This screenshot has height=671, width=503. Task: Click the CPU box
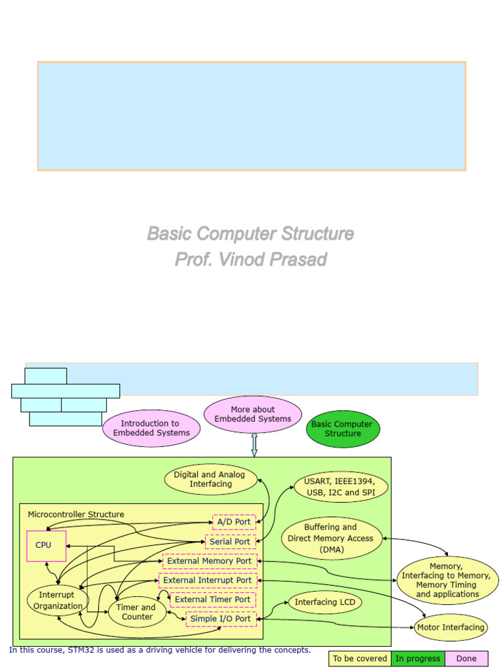[x=46, y=546]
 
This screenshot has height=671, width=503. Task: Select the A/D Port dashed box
[x=234, y=522]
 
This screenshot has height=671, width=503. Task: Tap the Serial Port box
[x=230, y=542]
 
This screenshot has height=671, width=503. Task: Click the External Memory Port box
[x=210, y=561]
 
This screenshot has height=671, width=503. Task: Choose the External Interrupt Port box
[x=208, y=580]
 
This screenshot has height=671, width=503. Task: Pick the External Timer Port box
[x=212, y=599]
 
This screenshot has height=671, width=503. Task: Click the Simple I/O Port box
[x=220, y=618]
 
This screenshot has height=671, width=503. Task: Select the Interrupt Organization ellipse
[x=58, y=600]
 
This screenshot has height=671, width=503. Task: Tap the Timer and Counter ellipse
[x=137, y=611]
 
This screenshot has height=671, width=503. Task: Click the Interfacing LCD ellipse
[x=325, y=602]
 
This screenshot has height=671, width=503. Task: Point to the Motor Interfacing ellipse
[x=451, y=627]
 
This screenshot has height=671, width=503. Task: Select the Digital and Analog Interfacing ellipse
[x=209, y=479]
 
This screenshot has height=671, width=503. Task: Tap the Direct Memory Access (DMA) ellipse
[x=331, y=538]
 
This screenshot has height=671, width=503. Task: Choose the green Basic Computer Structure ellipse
[x=343, y=429]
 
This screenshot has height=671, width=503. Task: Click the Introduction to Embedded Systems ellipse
[x=151, y=428]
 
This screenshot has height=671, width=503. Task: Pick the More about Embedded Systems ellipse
[x=253, y=414]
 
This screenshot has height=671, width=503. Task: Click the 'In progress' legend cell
[x=418, y=659]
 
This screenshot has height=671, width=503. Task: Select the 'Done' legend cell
[x=466, y=659]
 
